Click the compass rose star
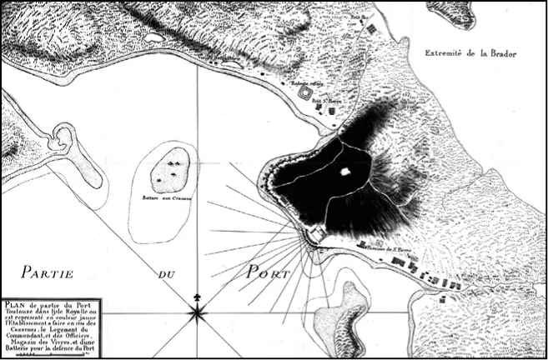pos(198,313)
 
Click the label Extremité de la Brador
pos(470,52)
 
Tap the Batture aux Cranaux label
pos(165,197)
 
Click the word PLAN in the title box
pos(15,303)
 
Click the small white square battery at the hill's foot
pos(316,237)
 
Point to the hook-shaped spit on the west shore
pos(62,140)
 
